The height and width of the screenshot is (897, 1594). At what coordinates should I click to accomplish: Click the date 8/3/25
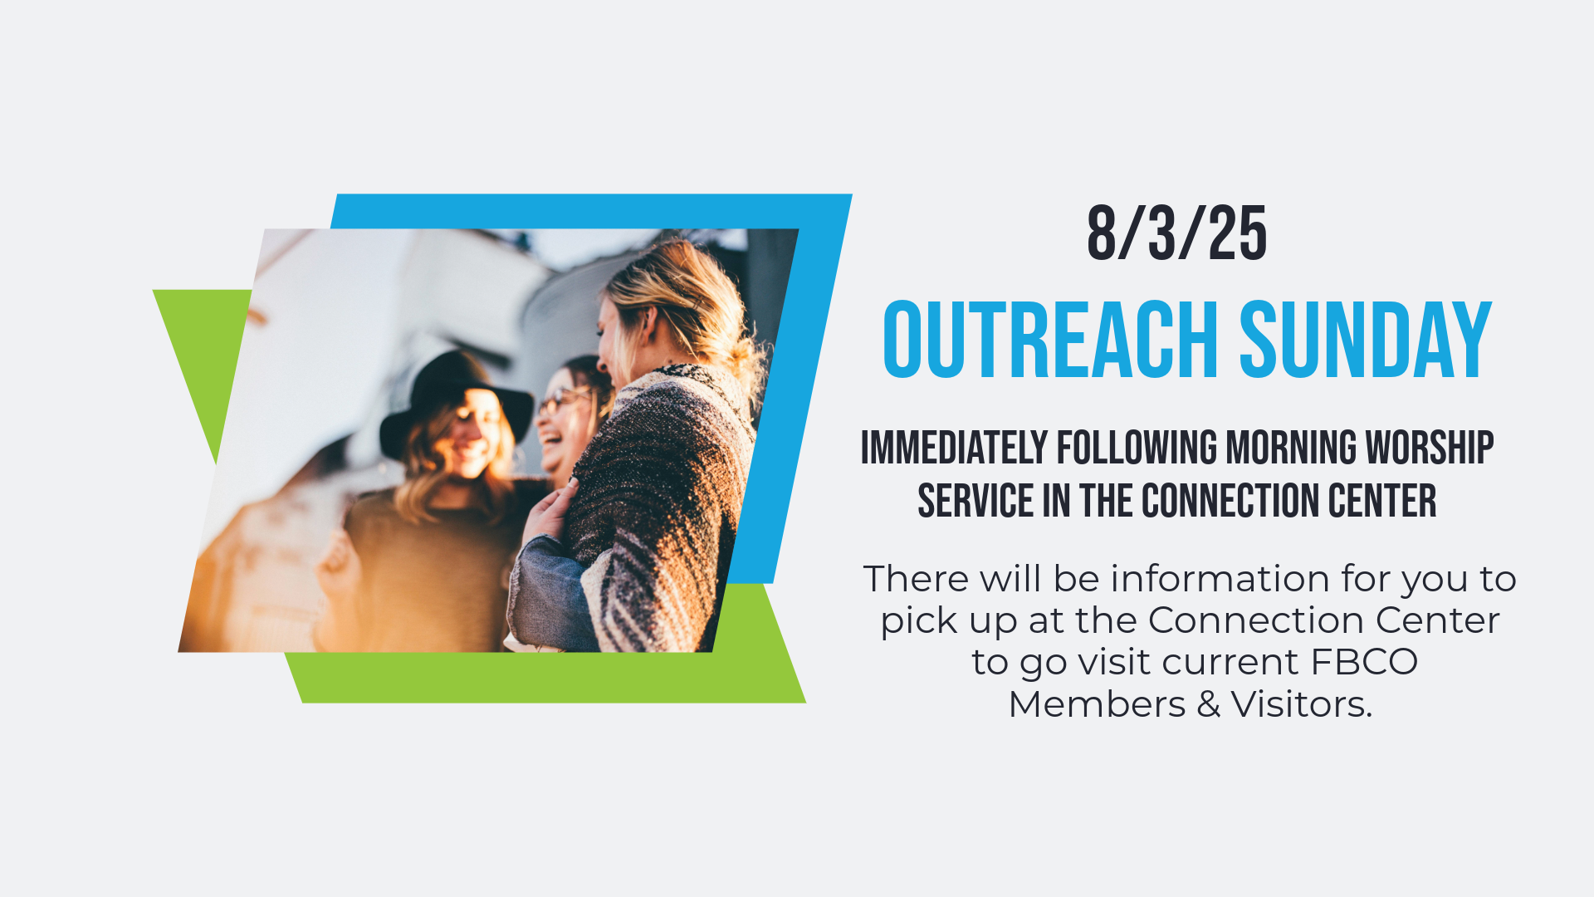coord(1177,233)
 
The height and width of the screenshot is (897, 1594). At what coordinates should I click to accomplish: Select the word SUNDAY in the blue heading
coord(1366,340)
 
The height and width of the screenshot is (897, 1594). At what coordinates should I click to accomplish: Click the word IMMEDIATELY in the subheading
coord(954,448)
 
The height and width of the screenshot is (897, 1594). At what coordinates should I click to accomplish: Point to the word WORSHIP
coord(1430,448)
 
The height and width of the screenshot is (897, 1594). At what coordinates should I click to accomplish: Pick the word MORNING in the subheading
coord(1292,448)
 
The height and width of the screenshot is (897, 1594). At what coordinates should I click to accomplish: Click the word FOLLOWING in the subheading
coord(1137,448)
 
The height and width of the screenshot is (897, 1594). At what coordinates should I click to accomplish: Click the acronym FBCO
coord(1364,662)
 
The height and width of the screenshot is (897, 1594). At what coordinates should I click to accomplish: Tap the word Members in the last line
coord(1097,704)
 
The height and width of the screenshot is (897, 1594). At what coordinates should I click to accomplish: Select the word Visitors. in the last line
coord(1302,704)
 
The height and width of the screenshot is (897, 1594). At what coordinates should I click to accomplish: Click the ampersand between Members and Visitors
coord(1208,704)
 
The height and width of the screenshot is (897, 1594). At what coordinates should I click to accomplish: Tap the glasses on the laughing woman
coord(561,402)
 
